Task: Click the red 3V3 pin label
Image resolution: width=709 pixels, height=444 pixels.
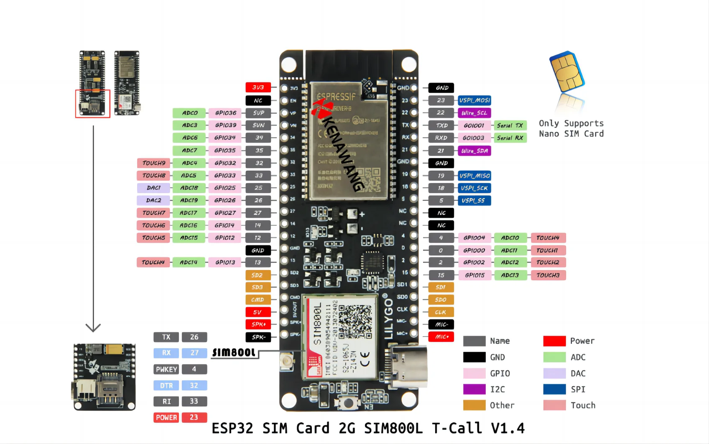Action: [258, 87]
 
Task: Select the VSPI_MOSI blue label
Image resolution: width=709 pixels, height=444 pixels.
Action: [474, 100]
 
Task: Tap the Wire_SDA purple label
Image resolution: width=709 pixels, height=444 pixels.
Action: [474, 151]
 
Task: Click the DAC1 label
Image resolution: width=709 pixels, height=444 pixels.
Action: [153, 188]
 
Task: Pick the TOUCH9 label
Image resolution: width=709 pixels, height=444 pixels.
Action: [153, 163]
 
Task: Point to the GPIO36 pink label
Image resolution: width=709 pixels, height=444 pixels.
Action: [225, 113]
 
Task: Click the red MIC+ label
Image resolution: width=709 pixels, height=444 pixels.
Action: [441, 337]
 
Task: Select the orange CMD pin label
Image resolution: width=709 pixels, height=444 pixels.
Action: [258, 300]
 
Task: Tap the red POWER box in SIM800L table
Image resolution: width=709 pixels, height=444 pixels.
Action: [166, 417]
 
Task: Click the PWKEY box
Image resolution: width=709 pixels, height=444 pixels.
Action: [166, 369]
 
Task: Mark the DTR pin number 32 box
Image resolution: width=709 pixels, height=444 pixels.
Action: [194, 385]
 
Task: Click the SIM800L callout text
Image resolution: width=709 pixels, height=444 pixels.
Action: [234, 352]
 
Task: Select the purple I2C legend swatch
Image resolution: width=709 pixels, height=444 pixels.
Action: [474, 389]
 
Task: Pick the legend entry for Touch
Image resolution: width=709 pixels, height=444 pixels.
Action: [582, 405]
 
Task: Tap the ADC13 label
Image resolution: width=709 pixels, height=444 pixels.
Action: [510, 275]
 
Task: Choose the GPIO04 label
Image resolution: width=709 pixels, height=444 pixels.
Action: [474, 238]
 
